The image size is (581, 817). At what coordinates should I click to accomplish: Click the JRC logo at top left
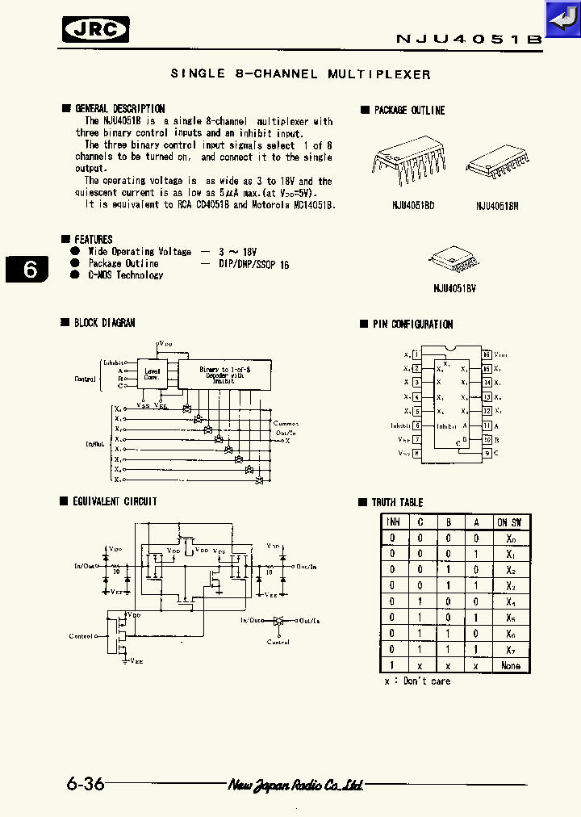(x=96, y=30)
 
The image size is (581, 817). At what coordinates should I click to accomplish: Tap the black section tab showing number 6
(x=28, y=269)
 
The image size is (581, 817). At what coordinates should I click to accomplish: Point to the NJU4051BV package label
(x=455, y=287)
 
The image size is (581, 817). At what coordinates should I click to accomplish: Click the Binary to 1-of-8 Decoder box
(x=225, y=374)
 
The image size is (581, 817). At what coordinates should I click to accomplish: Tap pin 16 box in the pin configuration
(x=487, y=354)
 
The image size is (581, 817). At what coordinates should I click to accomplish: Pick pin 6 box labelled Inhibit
(x=416, y=425)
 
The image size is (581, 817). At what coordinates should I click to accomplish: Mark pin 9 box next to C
(x=487, y=454)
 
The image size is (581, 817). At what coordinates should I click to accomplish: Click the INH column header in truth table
(x=393, y=522)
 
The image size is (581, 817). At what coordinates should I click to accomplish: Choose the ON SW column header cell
(x=510, y=522)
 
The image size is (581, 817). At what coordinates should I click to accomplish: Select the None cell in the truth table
(x=510, y=665)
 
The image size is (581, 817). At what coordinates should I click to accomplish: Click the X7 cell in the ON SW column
(x=510, y=649)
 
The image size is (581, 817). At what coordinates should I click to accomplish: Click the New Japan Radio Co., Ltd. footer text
(x=295, y=785)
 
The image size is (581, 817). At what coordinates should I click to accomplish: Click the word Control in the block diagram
(x=85, y=379)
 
